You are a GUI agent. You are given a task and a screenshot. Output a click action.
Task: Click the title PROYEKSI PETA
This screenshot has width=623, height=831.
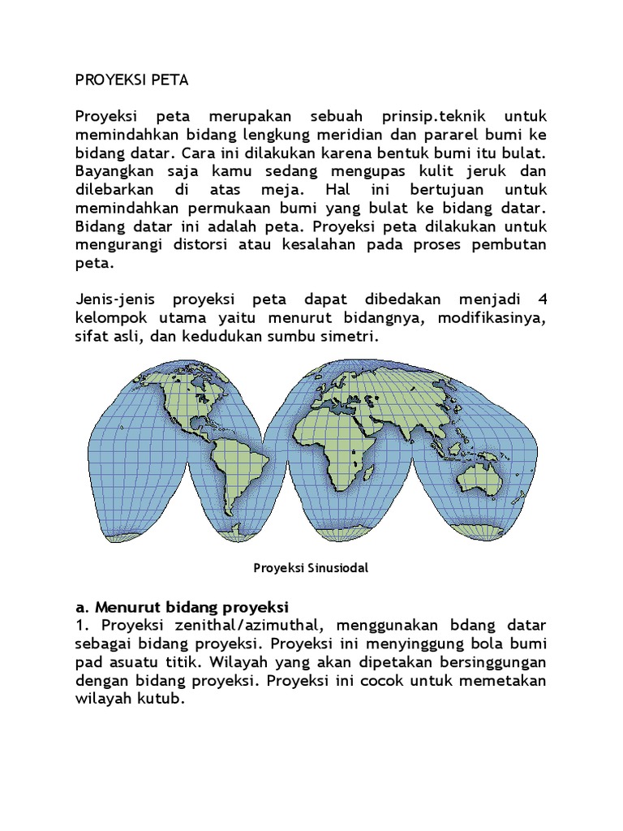click(131, 81)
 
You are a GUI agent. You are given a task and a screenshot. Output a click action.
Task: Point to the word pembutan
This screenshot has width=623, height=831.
click(509, 245)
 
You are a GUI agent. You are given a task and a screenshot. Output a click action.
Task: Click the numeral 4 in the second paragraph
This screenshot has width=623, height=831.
click(542, 299)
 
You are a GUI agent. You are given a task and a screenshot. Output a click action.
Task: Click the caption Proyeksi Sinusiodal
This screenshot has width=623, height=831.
click(311, 568)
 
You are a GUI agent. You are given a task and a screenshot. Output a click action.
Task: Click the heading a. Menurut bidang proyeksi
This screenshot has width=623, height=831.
click(183, 607)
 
